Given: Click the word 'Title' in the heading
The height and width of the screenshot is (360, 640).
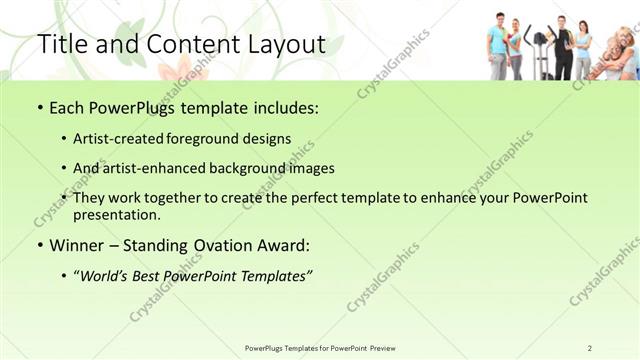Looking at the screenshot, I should (x=62, y=44).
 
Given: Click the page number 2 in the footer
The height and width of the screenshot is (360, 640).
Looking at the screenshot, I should (x=590, y=347).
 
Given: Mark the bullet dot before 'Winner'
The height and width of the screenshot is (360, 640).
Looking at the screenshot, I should (x=39, y=245).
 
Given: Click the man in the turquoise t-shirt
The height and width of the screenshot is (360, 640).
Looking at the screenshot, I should (x=497, y=46).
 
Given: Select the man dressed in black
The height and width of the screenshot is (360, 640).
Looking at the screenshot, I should (x=563, y=48).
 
